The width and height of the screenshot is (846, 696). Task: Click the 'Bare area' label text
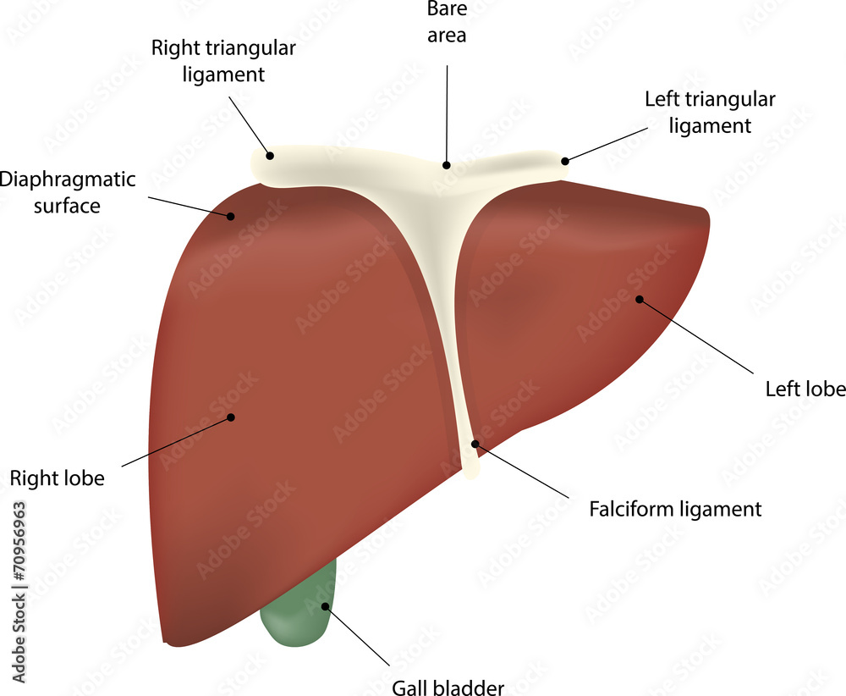click(x=447, y=23)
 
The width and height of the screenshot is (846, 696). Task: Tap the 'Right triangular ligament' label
click(x=223, y=61)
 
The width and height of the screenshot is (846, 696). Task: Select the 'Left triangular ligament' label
click(x=710, y=113)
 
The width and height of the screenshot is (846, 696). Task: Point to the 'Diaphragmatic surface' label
click(x=68, y=192)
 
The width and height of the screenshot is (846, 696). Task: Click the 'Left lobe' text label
click(x=805, y=389)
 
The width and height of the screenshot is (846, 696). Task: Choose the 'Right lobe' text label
click(x=58, y=478)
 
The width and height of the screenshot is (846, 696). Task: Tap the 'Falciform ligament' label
click(x=675, y=509)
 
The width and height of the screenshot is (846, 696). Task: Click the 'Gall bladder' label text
click(x=448, y=686)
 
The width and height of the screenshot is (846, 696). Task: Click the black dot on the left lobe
click(x=639, y=299)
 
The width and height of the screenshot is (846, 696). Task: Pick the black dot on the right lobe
click(x=230, y=417)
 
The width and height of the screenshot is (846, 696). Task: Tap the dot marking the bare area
click(x=447, y=165)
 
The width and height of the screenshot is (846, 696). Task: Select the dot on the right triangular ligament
click(x=270, y=155)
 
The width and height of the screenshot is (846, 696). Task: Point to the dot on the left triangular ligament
click(x=564, y=160)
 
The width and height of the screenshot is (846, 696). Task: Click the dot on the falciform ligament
click(x=475, y=443)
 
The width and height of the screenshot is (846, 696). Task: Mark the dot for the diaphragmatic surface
click(x=230, y=215)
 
